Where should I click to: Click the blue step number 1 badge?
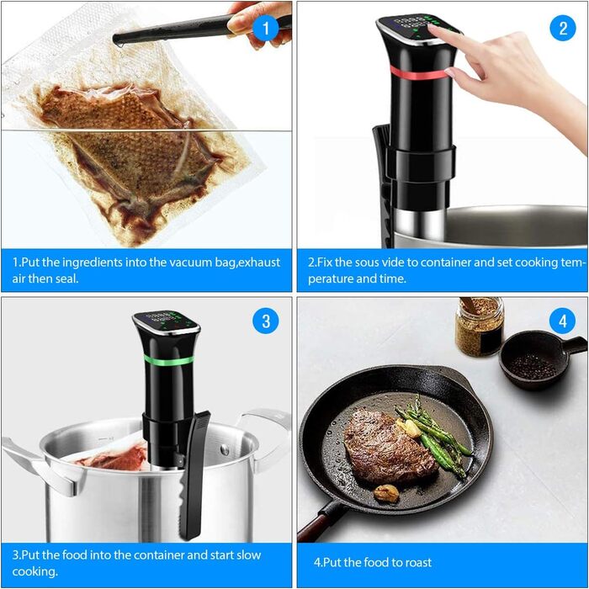266,29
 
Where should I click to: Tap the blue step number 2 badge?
563,28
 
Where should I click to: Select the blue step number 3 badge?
266,321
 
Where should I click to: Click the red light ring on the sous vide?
418,73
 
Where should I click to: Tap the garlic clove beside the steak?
386,492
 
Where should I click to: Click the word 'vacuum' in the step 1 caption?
188,263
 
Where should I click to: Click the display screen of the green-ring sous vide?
166,321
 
